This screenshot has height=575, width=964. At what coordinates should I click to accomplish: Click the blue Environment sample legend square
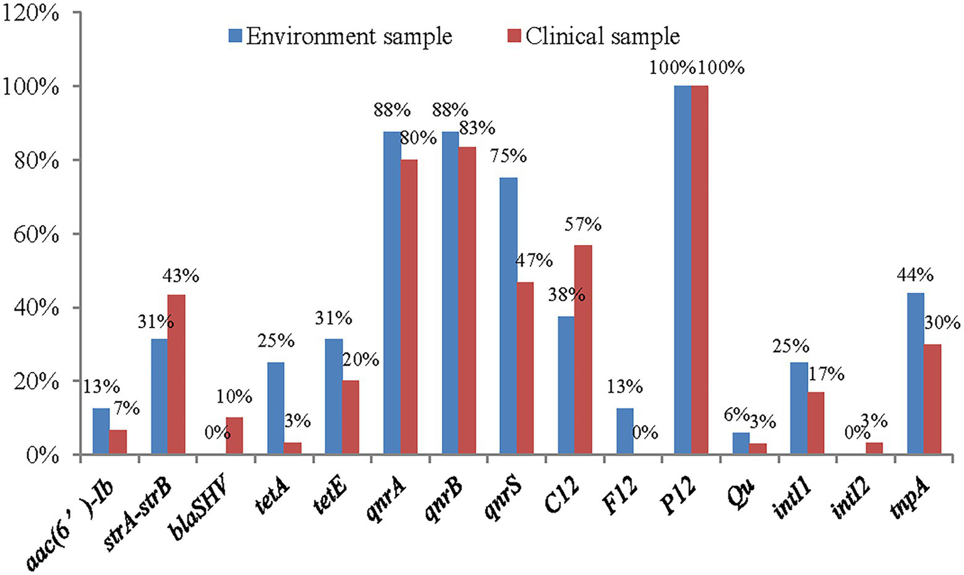pyautogui.click(x=235, y=36)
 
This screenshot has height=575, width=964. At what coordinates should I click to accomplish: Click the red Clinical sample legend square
pyautogui.click(x=514, y=36)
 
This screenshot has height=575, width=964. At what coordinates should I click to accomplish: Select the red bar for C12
pyautogui.click(x=583, y=349)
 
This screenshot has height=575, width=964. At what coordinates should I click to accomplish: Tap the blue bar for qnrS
pyautogui.click(x=509, y=316)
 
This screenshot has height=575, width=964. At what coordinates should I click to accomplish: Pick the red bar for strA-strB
pyautogui.click(x=176, y=375)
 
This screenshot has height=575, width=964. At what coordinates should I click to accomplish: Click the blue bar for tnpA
pyautogui.click(x=915, y=373)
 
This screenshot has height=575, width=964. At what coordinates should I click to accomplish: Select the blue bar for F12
pyautogui.click(x=625, y=431)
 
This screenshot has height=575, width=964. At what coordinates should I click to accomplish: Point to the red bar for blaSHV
pyautogui.click(x=234, y=435)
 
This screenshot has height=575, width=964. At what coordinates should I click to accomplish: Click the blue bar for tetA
pyautogui.click(x=276, y=408)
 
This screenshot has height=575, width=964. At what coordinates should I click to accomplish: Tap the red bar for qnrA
pyautogui.click(x=409, y=307)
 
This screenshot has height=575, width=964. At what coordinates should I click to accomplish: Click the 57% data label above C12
pyautogui.click(x=583, y=224)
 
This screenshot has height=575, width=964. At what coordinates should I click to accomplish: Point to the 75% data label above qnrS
pyautogui.click(x=508, y=156)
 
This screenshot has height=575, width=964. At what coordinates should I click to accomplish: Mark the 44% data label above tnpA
pyautogui.click(x=915, y=275)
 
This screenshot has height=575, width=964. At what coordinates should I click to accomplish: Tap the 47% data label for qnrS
pyautogui.click(x=534, y=260)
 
